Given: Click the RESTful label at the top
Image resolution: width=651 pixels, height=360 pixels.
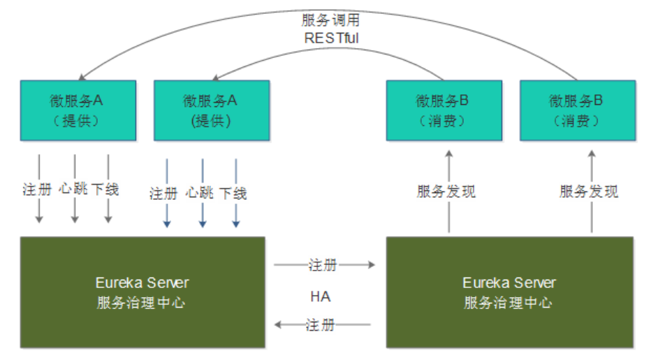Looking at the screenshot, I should (x=331, y=38).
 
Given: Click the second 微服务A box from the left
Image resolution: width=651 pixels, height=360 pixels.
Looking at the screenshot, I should (x=210, y=109).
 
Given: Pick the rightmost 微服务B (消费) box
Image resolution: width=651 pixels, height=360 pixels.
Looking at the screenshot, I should (x=577, y=109).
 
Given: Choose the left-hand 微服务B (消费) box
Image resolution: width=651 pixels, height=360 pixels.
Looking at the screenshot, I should (x=444, y=109).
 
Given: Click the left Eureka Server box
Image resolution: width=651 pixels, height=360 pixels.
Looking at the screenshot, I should (x=142, y=291).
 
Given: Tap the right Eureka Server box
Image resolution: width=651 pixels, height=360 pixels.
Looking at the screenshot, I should (x=509, y=291).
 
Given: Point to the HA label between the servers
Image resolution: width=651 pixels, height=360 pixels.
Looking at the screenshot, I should (x=321, y=296).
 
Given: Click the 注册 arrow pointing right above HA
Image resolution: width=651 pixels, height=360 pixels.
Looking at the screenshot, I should (x=323, y=265).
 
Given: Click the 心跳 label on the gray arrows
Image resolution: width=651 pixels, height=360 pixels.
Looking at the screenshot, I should (x=74, y=189).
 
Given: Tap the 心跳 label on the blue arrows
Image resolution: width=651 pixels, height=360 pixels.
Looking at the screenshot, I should (x=201, y=193).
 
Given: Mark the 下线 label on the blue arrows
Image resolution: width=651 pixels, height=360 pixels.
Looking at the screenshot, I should (x=234, y=193).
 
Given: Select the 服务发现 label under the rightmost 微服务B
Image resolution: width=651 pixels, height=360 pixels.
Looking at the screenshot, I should (x=590, y=192).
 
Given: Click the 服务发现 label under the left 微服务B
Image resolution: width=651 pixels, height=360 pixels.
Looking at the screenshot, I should (x=446, y=192).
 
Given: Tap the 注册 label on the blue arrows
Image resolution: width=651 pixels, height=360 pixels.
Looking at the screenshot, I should (x=165, y=193).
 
